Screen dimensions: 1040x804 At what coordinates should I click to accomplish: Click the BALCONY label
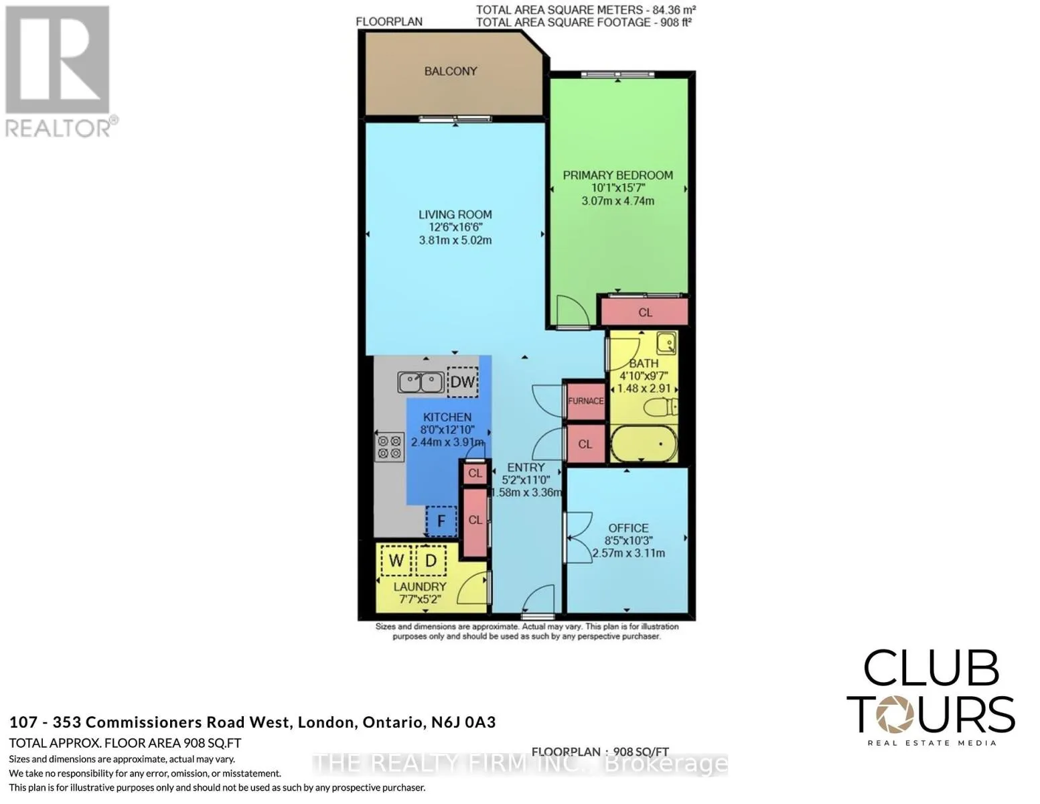click(x=451, y=71)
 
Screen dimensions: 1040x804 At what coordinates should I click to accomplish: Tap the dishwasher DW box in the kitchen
click(x=462, y=382)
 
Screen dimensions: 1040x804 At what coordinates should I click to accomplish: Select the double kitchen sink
click(x=421, y=383)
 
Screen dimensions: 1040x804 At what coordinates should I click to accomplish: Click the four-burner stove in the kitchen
click(x=390, y=447)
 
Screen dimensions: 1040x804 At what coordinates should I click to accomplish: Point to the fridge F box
click(x=441, y=521)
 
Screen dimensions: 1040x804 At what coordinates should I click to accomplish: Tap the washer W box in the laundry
click(x=396, y=560)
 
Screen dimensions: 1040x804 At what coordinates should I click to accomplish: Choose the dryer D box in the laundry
click(x=431, y=560)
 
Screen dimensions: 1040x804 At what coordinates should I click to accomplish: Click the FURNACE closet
click(x=586, y=401)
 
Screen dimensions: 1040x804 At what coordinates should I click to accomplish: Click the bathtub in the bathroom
click(x=644, y=444)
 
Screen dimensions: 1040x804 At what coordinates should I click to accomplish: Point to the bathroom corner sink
click(x=666, y=343)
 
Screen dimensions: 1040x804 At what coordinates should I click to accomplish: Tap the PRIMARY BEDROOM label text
click(x=617, y=176)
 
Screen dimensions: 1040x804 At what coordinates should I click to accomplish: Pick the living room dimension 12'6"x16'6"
click(x=455, y=227)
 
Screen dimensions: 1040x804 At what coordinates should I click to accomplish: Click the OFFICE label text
click(x=628, y=528)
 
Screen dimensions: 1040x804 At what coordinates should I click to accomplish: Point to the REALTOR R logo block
click(x=58, y=60)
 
